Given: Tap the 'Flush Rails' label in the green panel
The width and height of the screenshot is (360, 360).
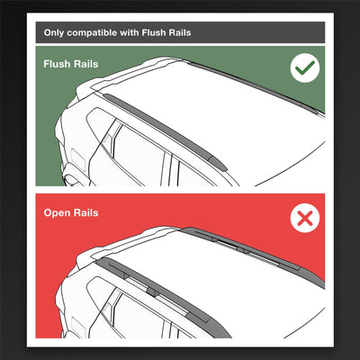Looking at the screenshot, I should (x=71, y=65).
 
